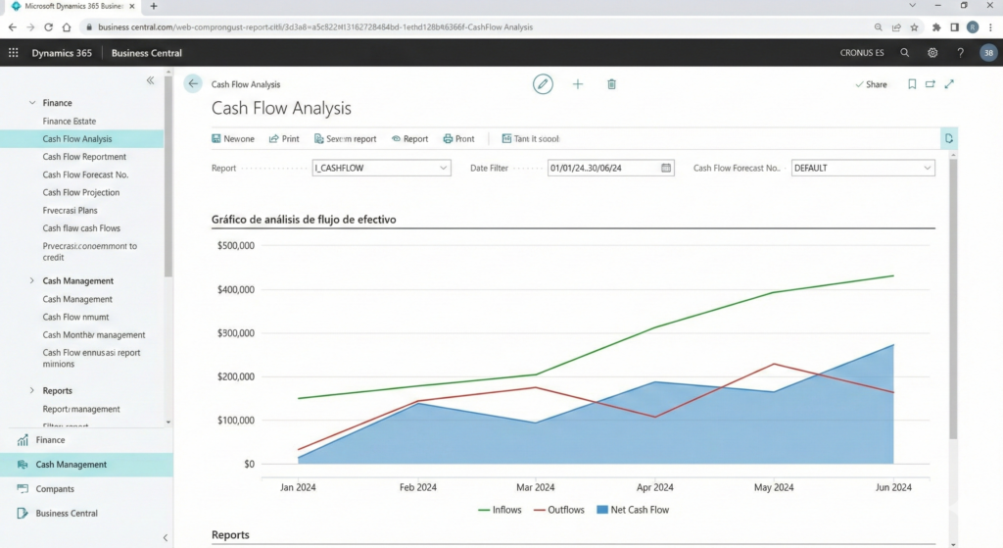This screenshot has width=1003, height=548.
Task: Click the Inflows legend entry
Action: [500, 510]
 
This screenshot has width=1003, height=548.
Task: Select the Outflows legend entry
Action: [558, 510]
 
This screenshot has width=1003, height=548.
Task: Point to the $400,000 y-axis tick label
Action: [235, 289]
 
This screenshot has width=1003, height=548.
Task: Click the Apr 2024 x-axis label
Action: [655, 487]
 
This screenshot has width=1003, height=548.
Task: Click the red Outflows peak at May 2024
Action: [775, 364]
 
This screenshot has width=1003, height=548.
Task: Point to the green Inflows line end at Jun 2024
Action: [893, 275]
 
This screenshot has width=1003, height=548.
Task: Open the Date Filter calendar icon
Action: [667, 168]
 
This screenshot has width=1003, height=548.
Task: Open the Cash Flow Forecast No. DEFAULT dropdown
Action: [927, 168]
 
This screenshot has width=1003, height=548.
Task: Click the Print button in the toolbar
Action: [284, 139]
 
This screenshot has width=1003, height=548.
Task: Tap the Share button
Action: [871, 84]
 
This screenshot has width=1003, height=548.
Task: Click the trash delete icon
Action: [611, 84]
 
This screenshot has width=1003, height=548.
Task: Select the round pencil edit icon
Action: [543, 84]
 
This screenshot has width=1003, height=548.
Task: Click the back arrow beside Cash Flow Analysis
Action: [193, 84]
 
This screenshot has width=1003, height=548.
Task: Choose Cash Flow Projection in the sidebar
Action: [80, 192]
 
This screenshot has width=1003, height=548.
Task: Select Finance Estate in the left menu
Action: [70, 121]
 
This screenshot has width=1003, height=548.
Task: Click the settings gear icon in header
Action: [932, 53]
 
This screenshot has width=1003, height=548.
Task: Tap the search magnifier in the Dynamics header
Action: [904, 53]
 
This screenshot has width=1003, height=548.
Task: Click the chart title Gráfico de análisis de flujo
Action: [304, 220]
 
